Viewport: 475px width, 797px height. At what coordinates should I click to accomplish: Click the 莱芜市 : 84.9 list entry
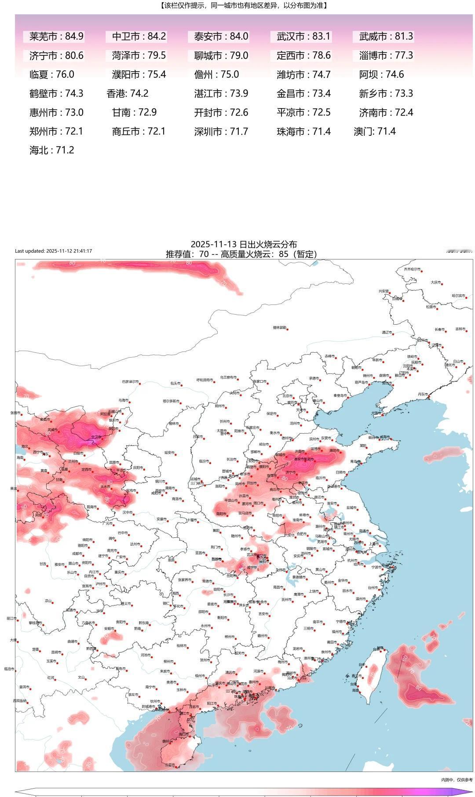coord(56,36)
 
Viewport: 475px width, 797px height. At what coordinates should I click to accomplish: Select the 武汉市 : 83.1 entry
coord(303,36)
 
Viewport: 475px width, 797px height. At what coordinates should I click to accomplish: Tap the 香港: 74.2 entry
coord(127,94)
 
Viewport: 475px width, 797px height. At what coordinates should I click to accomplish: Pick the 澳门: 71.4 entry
coord(374,131)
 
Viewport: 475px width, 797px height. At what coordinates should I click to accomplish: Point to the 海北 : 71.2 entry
coord(51,150)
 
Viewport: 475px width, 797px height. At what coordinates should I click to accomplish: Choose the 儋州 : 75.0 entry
coord(216,75)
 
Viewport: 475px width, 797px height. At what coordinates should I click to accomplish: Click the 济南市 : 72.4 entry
coord(386,112)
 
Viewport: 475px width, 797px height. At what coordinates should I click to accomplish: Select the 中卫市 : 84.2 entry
coord(139,36)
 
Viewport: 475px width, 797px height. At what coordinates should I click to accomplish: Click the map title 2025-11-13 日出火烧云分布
coord(244,244)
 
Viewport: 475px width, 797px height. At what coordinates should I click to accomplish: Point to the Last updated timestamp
coord(54,251)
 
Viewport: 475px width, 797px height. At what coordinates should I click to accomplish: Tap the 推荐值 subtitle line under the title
coord(241,254)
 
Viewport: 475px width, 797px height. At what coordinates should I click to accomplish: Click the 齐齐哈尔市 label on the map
coord(412,269)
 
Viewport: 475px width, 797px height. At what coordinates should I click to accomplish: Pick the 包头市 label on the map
coord(175,383)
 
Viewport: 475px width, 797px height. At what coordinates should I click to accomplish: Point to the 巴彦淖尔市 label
coord(130,382)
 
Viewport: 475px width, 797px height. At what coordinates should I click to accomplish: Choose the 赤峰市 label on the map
coord(329,356)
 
